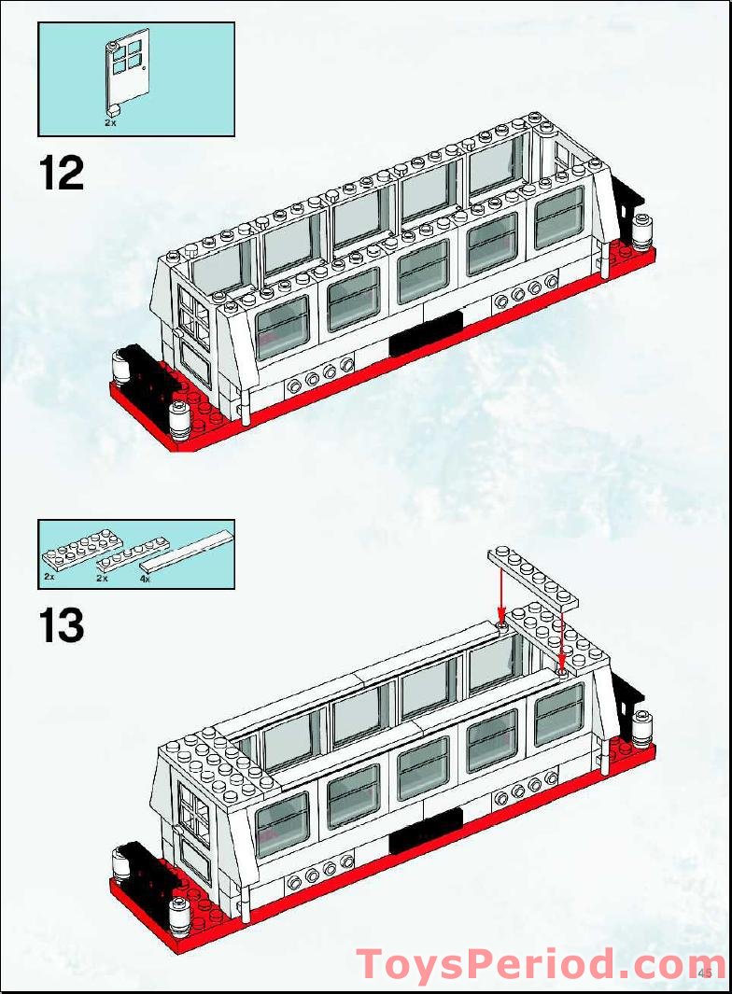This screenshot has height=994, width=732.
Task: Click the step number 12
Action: tap(62, 174)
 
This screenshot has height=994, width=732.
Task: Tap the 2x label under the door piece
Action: tap(110, 122)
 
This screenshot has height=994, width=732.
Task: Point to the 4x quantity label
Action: tap(145, 579)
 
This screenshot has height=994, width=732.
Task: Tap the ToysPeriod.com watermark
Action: tap(540, 963)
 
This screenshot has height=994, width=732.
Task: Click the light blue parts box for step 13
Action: tap(136, 554)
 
